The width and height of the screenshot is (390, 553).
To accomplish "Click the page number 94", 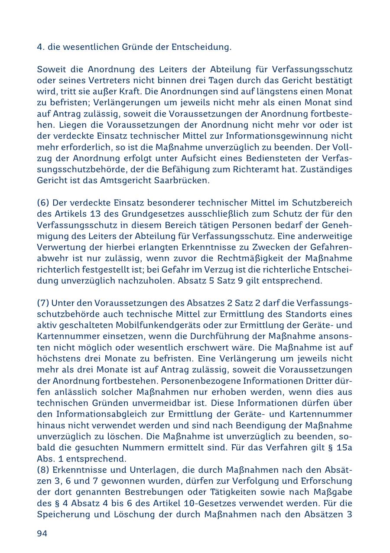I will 42,533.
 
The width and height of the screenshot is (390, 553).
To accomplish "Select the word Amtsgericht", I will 126,181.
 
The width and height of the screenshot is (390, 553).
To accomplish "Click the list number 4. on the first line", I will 41,47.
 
